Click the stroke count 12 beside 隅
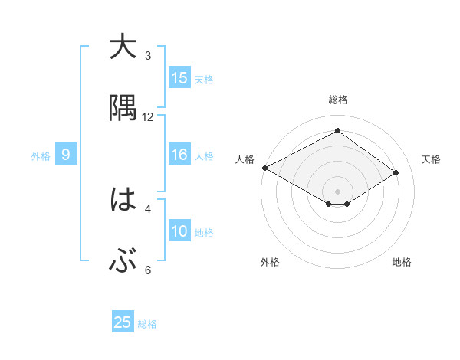[x=148, y=116]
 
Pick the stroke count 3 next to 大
[x=148, y=55]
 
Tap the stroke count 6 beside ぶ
[x=148, y=270]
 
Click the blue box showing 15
[x=179, y=78]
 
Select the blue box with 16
[x=179, y=155]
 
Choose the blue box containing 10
[x=179, y=231]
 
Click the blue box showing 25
[x=123, y=322]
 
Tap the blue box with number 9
[x=66, y=155]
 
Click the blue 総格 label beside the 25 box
[x=147, y=324]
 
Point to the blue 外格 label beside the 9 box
[x=41, y=155]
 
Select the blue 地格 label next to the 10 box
[x=204, y=232]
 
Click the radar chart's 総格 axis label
[x=337, y=100]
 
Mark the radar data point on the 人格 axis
[x=264, y=168]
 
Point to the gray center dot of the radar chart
[x=337, y=190]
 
